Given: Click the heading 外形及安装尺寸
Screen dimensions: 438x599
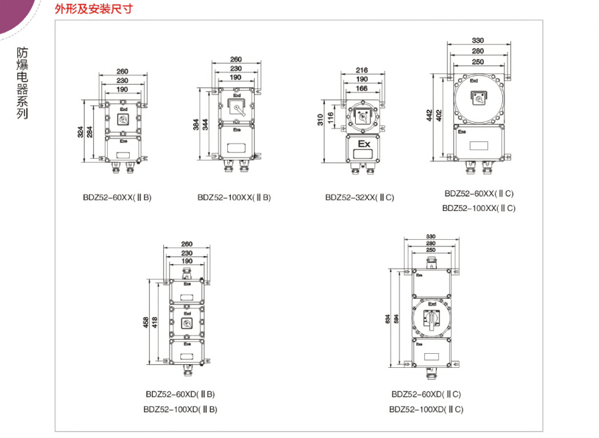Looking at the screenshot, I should [93, 9].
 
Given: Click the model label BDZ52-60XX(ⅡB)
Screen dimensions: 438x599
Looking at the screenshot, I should [118, 198].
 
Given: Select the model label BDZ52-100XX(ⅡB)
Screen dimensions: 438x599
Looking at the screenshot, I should [234, 198].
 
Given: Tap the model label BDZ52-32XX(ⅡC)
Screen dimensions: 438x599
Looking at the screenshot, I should [360, 198].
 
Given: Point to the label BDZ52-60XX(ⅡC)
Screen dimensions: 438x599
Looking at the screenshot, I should [479, 193].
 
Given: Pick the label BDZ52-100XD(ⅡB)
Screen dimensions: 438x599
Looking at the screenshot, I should [180, 409].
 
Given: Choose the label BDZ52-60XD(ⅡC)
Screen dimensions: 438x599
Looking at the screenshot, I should [426, 395].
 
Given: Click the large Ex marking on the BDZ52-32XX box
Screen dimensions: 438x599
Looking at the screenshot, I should [364, 145].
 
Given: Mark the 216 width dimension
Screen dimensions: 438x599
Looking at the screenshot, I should [362, 70].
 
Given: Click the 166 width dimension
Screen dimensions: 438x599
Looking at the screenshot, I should [362, 88].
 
